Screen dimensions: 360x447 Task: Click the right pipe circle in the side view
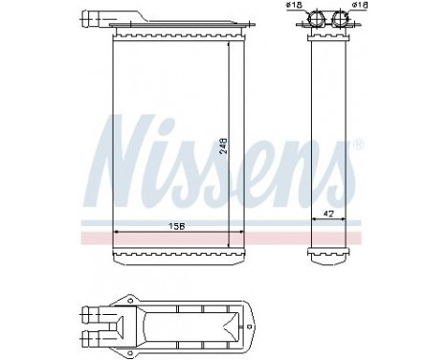tap(342, 18)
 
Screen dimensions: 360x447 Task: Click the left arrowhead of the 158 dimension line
tap(117, 233)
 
